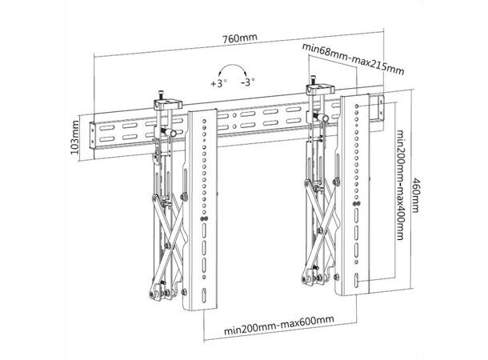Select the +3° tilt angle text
coord(218,82)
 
